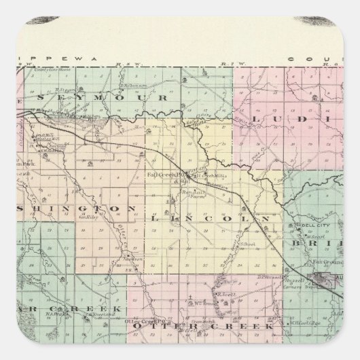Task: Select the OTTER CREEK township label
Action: tap(203, 327)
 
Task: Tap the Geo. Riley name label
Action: tap(109, 217)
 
